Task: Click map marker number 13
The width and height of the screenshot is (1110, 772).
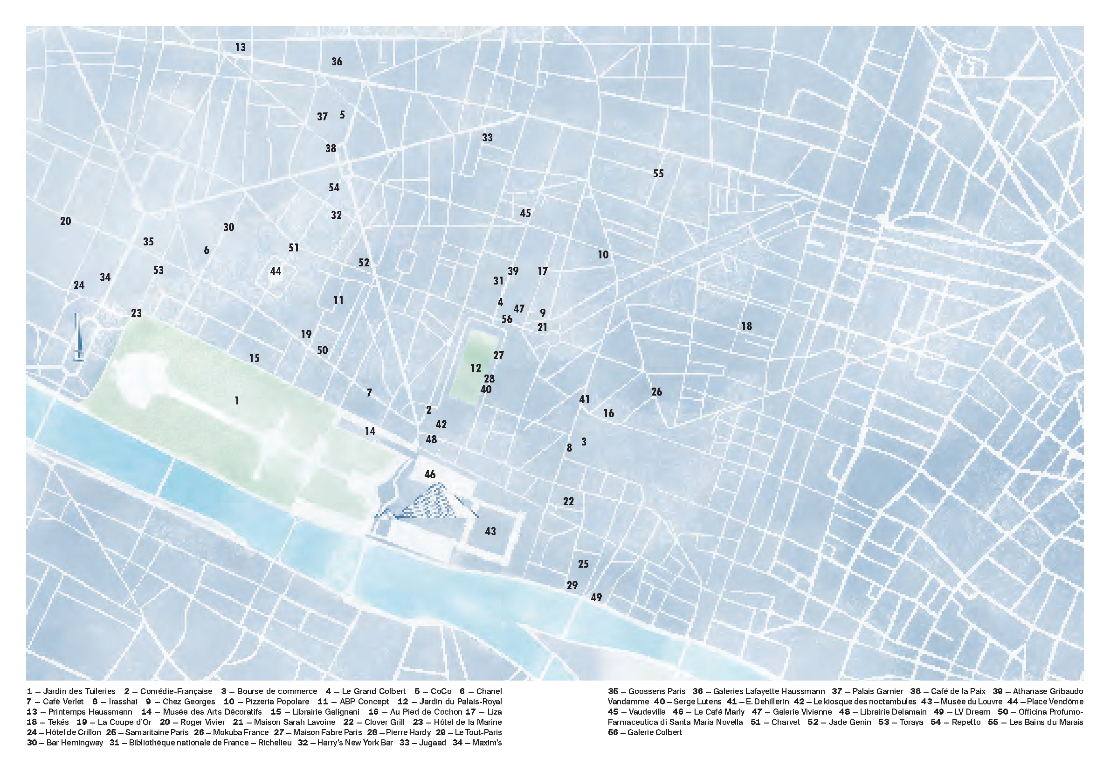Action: click(x=240, y=48)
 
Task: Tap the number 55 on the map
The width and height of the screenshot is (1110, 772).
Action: click(x=658, y=174)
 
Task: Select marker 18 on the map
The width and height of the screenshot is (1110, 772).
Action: click(x=746, y=326)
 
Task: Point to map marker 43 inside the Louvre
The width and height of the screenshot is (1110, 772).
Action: click(x=490, y=532)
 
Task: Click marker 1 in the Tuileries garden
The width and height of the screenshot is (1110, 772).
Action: click(x=237, y=401)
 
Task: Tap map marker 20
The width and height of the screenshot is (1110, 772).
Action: click(x=65, y=221)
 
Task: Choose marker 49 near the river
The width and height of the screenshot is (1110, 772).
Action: click(x=596, y=598)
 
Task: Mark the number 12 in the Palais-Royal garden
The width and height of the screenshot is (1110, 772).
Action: click(x=476, y=368)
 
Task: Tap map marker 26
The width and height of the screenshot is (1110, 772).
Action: click(x=656, y=392)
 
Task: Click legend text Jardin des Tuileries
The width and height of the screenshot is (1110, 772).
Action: click(x=79, y=691)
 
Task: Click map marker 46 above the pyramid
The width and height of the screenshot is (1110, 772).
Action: click(x=430, y=474)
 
